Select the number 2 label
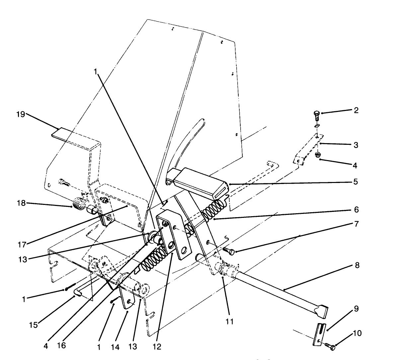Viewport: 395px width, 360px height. pyautogui.click(x=356, y=111)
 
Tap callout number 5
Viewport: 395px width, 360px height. pyautogui.click(x=356, y=182)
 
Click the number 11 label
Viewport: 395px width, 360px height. pyautogui.click(x=230, y=321)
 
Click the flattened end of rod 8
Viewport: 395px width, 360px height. pyautogui.click(x=321, y=311)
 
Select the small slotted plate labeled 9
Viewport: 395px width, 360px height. pyautogui.click(x=319, y=334)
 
